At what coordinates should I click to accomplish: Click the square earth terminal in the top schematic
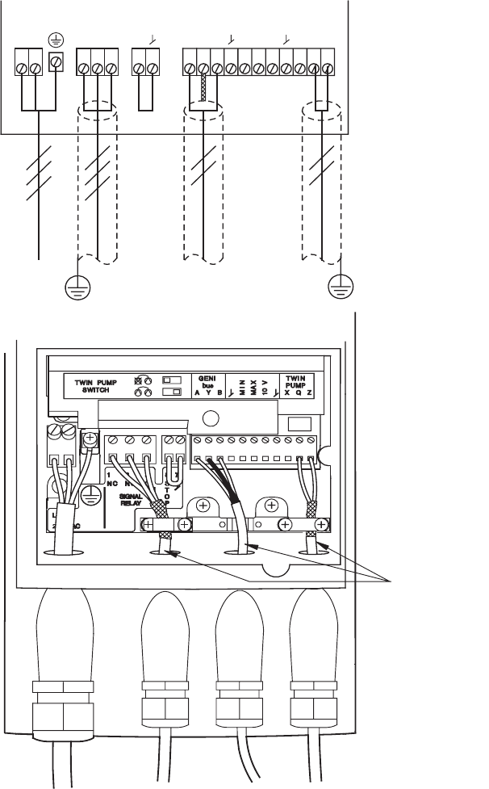[x=55, y=62]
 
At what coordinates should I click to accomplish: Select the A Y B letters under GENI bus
[x=203, y=393]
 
